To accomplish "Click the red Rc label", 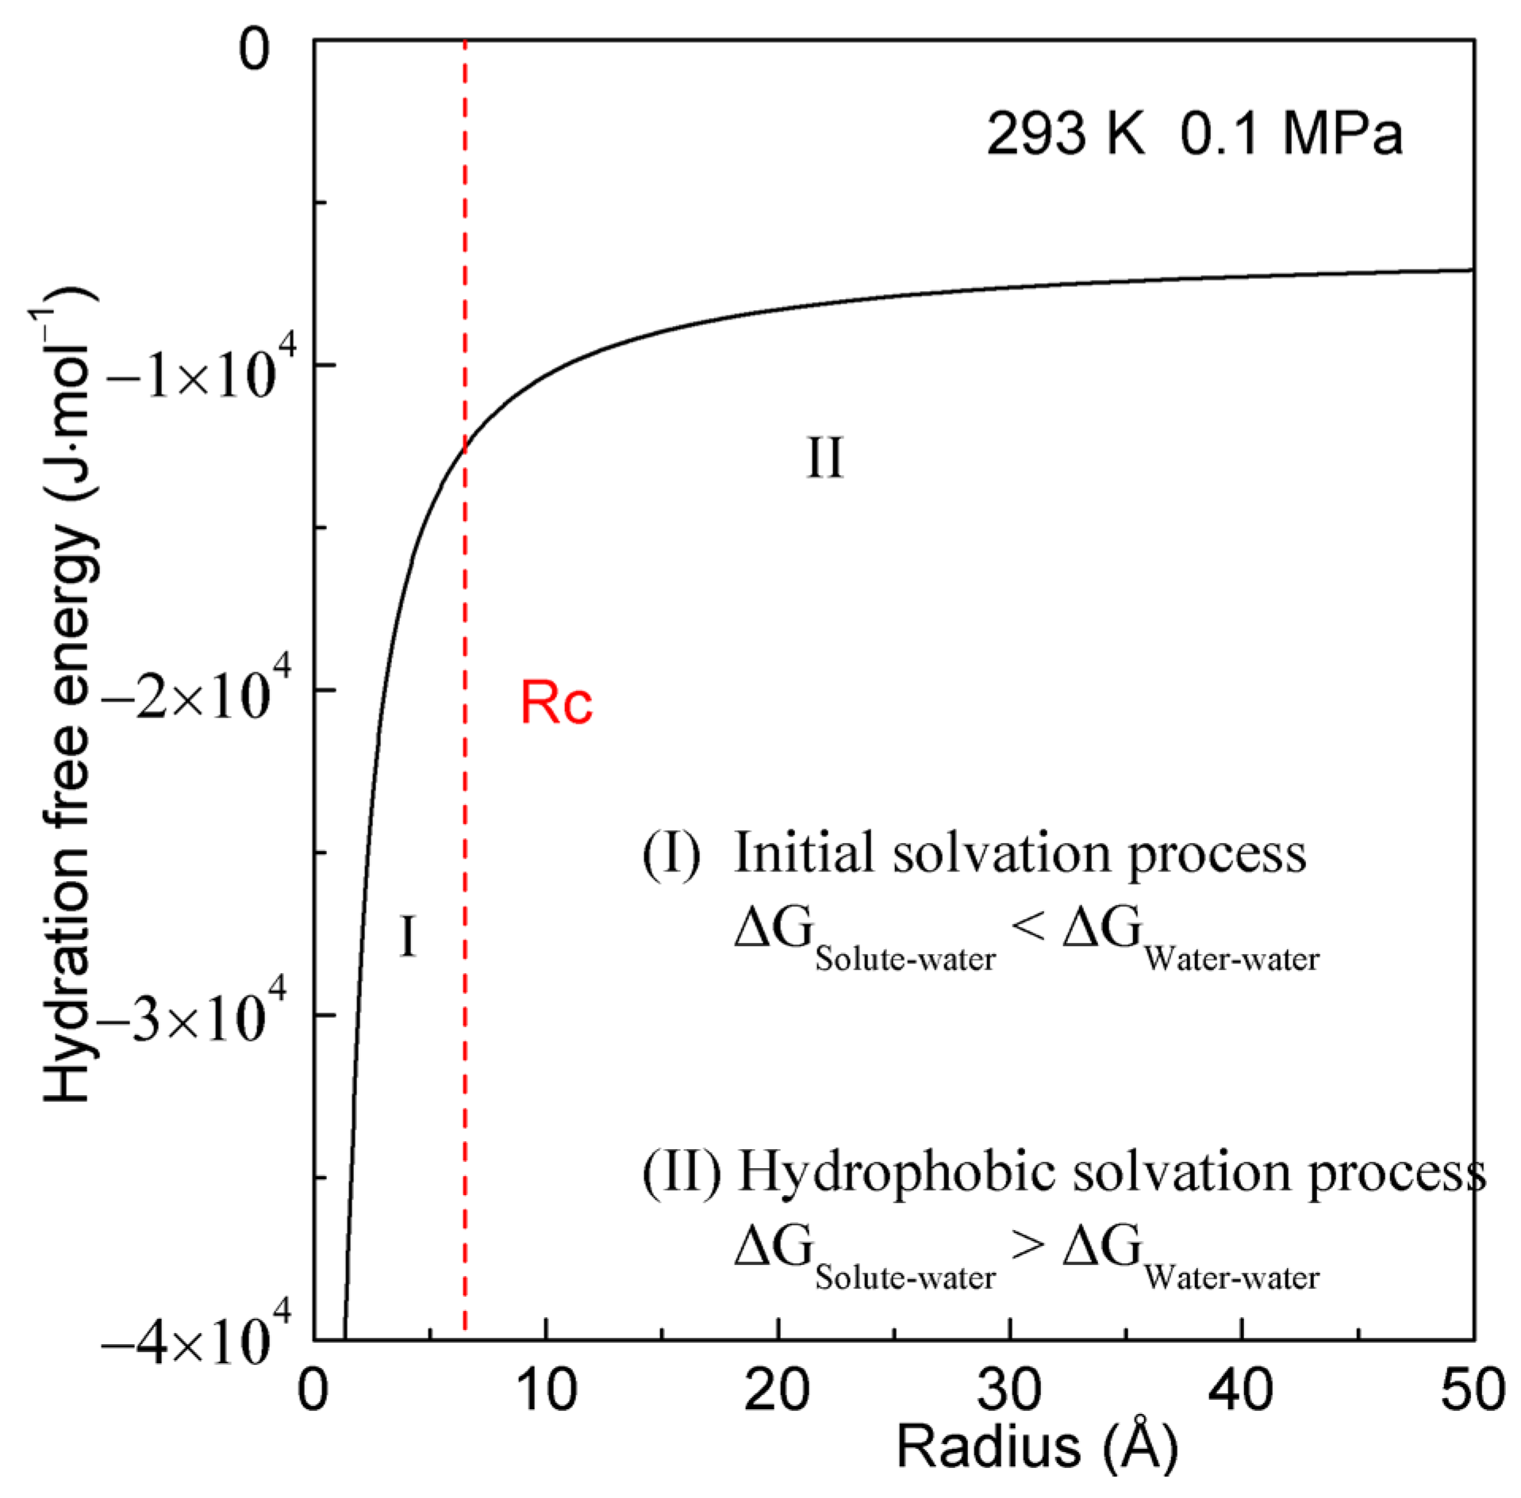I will click(555, 703).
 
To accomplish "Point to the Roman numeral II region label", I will click(824, 458).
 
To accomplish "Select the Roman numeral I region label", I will click(407, 936).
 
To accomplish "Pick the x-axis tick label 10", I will click(546, 1389).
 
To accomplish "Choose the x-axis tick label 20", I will click(778, 1389).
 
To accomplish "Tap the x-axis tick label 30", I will click(1009, 1389).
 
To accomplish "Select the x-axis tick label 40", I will click(1241, 1389).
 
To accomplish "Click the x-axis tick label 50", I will click(1473, 1389).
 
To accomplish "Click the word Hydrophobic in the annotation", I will click(897, 1172).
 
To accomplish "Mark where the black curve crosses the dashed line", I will click(465, 448).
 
